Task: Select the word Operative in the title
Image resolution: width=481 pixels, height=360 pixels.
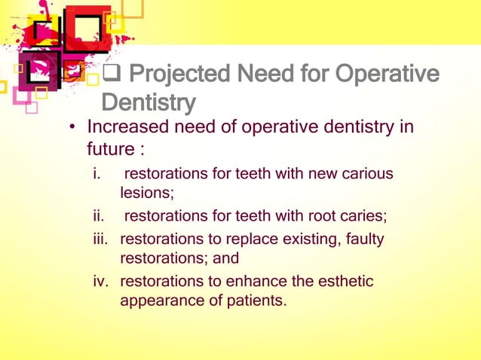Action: click(x=388, y=76)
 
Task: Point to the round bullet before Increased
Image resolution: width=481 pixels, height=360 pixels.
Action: click(x=75, y=127)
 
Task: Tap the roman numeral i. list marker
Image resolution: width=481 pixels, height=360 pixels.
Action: click(x=97, y=174)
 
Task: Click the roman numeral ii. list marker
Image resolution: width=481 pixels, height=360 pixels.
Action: click(x=98, y=217)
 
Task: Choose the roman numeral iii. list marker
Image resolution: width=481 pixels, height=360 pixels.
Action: click(x=100, y=239)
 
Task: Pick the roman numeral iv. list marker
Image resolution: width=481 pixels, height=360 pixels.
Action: click(x=100, y=282)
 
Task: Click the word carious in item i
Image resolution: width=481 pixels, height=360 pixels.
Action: click(x=368, y=174)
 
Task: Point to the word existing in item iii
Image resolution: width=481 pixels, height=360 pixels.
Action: click(x=307, y=239)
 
